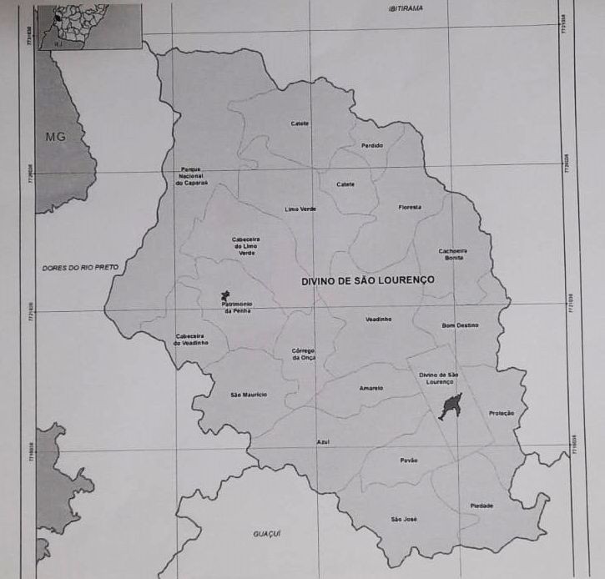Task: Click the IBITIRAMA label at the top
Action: pyautogui.click(x=406, y=8)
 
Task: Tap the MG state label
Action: pyautogui.click(x=55, y=136)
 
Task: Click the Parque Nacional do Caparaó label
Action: pyautogui.click(x=191, y=175)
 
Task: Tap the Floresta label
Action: pyautogui.click(x=410, y=207)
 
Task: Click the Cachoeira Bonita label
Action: pyautogui.click(x=452, y=254)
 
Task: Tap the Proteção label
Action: pyautogui.click(x=502, y=413)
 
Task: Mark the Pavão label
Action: pyautogui.click(x=409, y=460)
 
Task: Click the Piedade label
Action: pyautogui.click(x=481, y=506)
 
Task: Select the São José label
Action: pyautogui.click(x=404, y=520)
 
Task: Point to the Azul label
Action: pyautogui.click(x=322, y=442)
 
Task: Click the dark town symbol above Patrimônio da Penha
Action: pyautogui.click(x=224, y=295)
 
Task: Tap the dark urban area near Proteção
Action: pyautogui.click(x=450, y=406)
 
